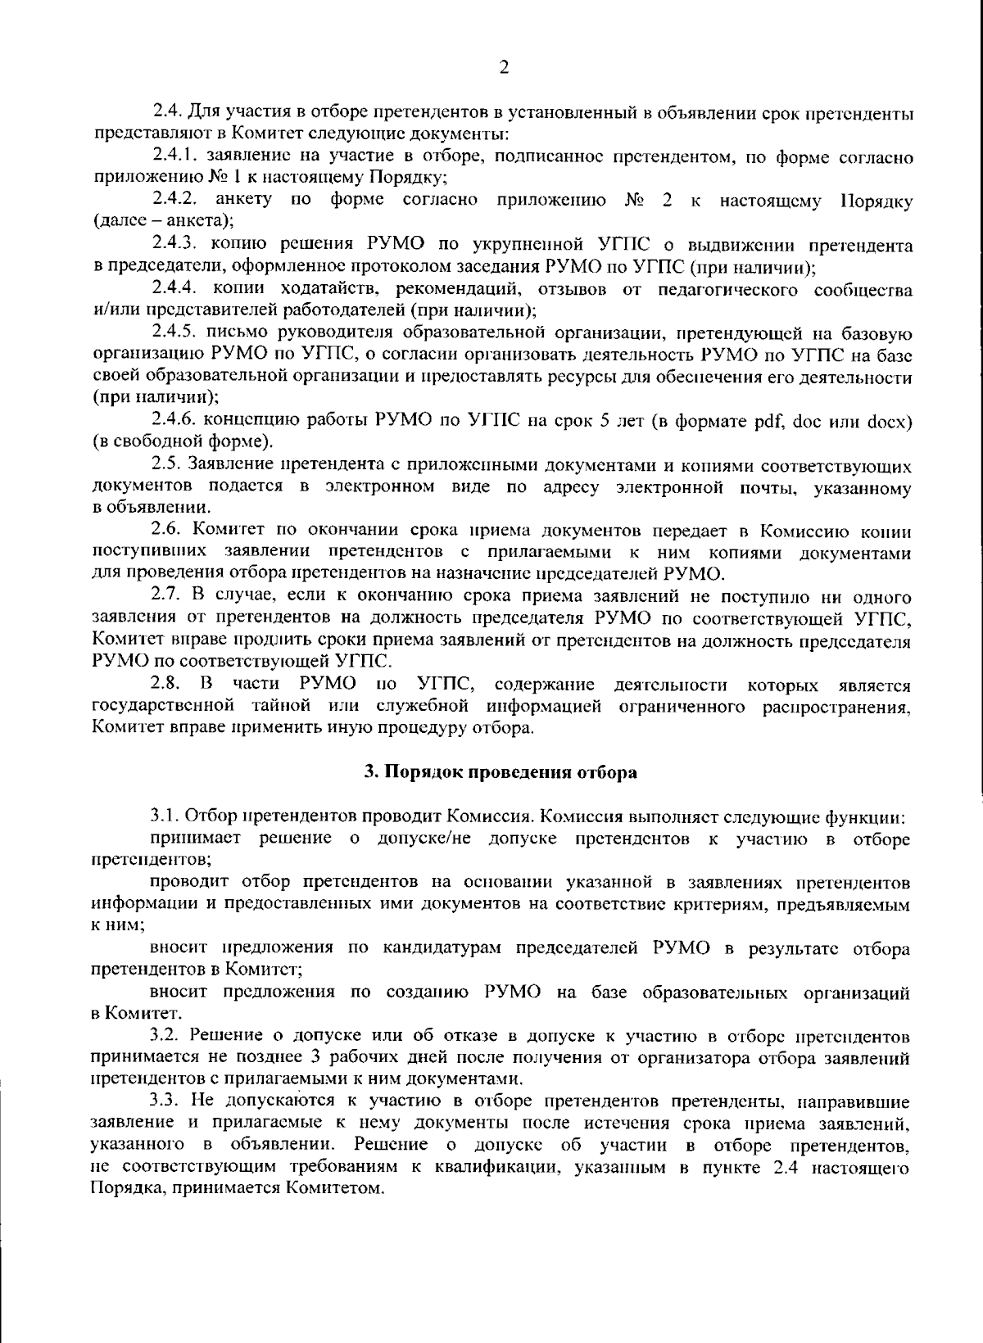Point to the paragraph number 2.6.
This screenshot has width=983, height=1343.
[167, 531]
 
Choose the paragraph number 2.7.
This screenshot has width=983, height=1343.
[167, 598]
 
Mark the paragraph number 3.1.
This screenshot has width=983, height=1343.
[165, 816]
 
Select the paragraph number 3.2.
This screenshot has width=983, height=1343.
[165, 1037]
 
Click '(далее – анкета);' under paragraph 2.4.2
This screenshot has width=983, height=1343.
[163, 221]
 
